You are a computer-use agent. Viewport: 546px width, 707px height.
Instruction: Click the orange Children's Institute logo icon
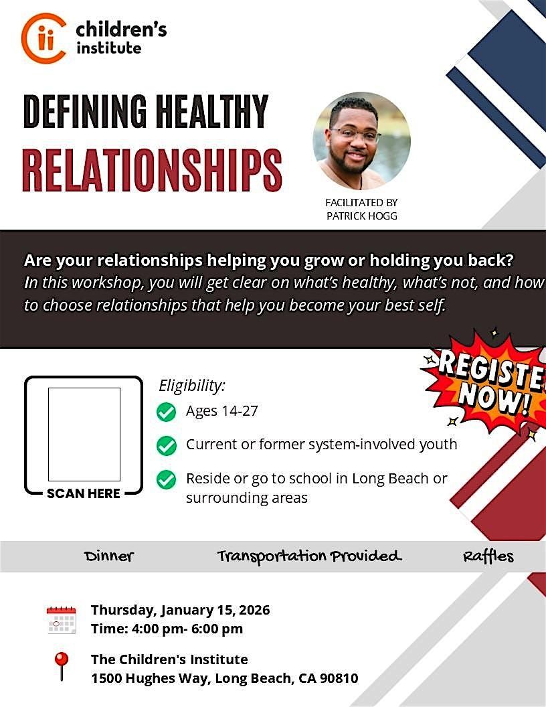click(43, 38)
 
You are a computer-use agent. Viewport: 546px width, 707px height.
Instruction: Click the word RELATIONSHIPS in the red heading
click(153, 170)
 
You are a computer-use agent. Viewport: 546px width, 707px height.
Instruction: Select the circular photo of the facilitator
click(361, 141)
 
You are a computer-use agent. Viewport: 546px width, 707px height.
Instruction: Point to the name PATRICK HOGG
click(362, 216)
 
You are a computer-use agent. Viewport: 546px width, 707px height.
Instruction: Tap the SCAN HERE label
click(84, 493)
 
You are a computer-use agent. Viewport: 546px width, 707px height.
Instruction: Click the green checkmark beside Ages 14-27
click(166, 412)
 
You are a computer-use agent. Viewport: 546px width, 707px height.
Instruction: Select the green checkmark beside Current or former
click(166, 445)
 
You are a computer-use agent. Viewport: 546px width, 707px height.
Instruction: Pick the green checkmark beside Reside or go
click(166, 479)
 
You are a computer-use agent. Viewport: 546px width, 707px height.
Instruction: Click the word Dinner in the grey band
click(109, 556)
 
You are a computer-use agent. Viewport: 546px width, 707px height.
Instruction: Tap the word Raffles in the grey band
click(488, 556)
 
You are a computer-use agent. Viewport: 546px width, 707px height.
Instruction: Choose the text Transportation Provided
click(310, 556)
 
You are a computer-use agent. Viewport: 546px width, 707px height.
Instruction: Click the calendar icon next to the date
click(62, 620)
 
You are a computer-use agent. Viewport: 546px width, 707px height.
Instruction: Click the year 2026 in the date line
click(254, 610)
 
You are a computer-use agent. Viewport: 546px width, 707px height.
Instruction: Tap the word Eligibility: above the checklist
click(192, 386)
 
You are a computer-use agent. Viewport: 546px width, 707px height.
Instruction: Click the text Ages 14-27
click(222, 411)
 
